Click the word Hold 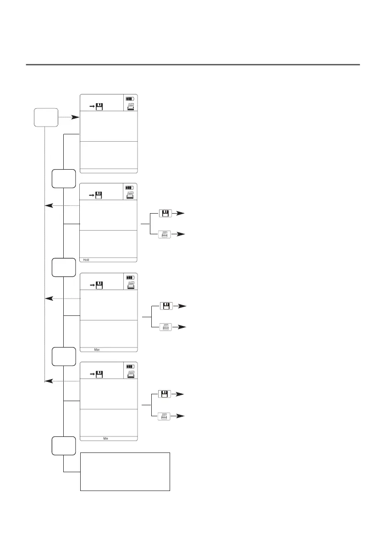click(x=86, y=260)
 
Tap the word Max click(x=97, y=350)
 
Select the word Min click(x=106, y=439)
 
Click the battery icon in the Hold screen click(x=131, y=188)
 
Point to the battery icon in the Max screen click(x=131, y=277)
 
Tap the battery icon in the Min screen click(x=131, y=367)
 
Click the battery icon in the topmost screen click(x=131, y=99)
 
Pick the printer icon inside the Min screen click(x=131, y=375)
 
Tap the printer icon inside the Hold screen click(x=131, y=196)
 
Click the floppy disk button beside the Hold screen click(x=165, y=214)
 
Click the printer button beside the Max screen click(x=165, y=327)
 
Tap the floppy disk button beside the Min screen click(x=165, y=394)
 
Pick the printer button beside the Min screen click(x=165, y=416)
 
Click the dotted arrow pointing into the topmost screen click(x=66, y=118)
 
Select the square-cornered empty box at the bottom click(x=125, y=471)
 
